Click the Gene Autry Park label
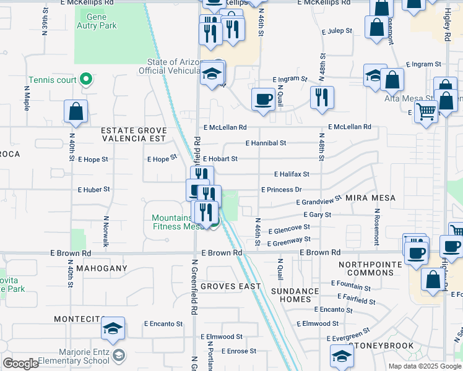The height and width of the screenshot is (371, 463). [96, 21]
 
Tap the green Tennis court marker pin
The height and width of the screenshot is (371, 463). [87, 80]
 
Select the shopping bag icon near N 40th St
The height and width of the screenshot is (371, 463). [76, 112]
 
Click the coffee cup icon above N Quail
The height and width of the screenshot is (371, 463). [263, 99]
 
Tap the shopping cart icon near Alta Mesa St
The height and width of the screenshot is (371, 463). [426, 113]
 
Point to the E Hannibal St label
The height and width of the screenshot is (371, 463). [266, 143]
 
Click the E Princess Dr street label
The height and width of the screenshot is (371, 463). [281, 190]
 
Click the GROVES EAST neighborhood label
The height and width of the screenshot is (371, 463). [231, 286]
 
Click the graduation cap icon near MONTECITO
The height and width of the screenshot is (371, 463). [113, 328]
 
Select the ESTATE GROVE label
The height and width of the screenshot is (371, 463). [134, 130]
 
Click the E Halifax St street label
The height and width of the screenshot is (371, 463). [292, 174]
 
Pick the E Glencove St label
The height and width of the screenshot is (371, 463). [289, 228]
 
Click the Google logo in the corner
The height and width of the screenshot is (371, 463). [20, 364]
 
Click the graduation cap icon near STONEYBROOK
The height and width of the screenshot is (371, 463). [342, 356]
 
